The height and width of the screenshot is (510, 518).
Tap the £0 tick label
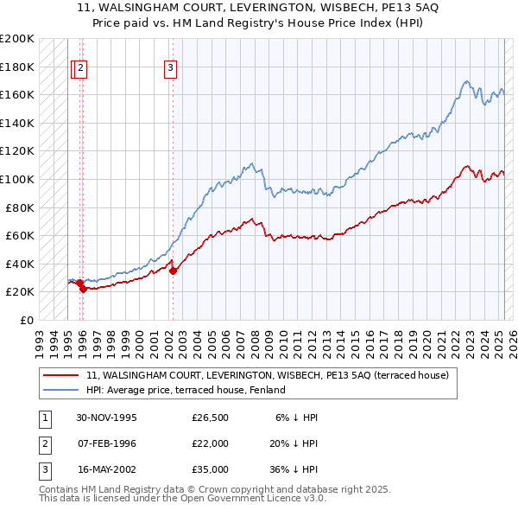(27, 320)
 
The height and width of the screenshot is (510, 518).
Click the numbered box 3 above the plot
(171, 68)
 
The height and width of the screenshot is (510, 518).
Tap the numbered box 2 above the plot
(81, 68)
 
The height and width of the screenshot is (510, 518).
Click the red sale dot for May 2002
(173, 271)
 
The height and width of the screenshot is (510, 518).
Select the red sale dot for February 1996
(83, 289)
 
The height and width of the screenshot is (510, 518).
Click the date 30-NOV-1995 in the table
(107, 418)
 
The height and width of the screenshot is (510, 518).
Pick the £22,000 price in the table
(211, 443)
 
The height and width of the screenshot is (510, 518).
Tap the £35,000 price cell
(211, 469)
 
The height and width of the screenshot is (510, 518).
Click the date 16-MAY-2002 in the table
(107, 469)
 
